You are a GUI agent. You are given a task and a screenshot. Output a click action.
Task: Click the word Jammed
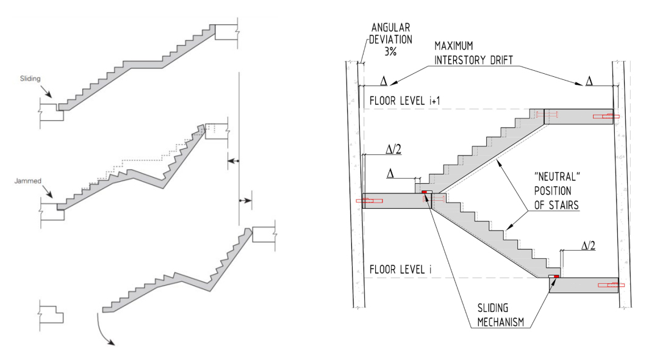30,181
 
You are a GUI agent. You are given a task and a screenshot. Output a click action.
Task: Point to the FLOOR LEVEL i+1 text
402,101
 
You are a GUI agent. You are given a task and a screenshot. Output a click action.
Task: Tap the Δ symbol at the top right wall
589,81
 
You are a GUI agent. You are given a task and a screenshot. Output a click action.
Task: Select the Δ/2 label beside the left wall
376,148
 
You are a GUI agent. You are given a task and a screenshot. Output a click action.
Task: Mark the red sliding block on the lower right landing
556,277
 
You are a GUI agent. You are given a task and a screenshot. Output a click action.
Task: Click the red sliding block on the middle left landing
424,192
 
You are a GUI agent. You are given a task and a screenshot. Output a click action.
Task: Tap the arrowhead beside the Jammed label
55,197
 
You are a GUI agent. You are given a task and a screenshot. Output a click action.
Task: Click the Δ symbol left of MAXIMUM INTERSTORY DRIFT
384,81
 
